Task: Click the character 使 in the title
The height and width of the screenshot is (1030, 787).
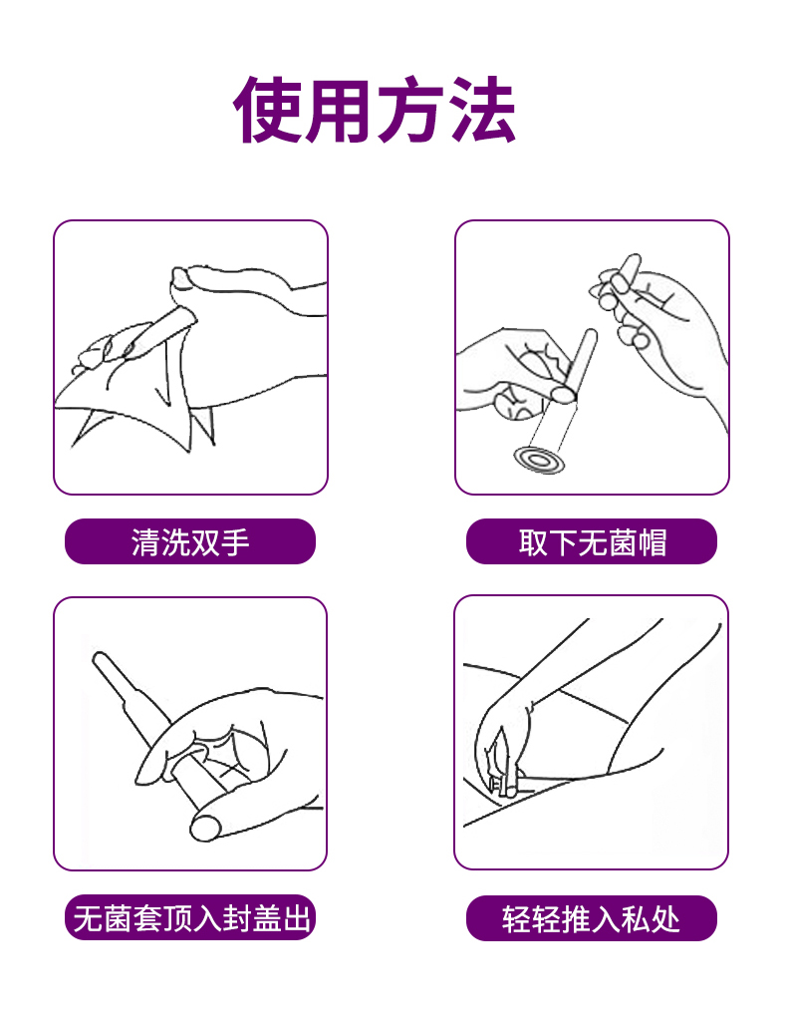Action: point(269,110)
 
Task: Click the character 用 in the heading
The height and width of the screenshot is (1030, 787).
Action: point(340,110)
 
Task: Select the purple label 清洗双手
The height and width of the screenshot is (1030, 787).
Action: point(189,541)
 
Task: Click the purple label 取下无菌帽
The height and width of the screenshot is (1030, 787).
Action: point(592,541)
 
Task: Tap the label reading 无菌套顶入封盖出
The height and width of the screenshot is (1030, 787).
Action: point(189,917)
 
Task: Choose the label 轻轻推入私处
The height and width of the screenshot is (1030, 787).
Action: point(592,917)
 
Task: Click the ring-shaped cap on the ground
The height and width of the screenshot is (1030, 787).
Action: point(539,460)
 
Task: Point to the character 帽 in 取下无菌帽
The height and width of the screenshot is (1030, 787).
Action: point(652,542)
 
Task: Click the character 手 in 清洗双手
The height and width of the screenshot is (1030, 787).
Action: point(234,542)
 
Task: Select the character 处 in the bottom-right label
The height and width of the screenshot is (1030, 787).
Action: point(664,918)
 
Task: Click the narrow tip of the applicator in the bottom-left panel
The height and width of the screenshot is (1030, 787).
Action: point(99,657)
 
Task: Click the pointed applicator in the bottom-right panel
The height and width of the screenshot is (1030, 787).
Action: point(500,761)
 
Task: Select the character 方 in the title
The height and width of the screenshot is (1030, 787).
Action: point(411,110)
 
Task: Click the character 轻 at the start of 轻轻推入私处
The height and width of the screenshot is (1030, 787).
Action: point(517,918)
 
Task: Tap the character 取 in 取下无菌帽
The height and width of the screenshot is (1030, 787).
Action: point(533,542)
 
